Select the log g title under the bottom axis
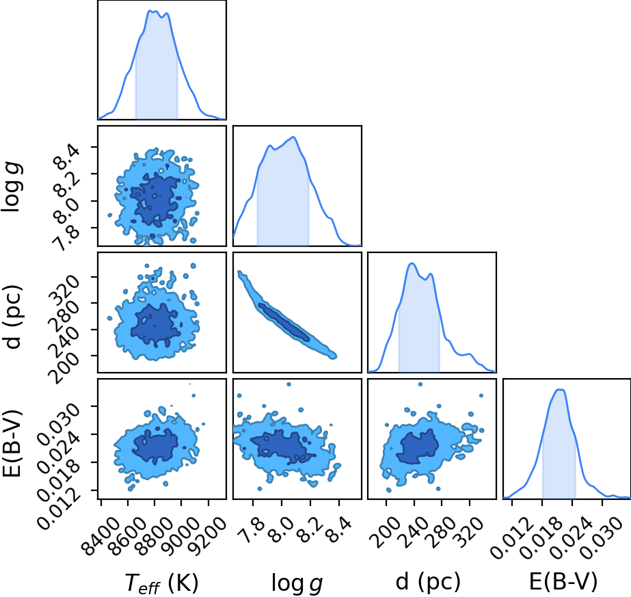pos(297,583)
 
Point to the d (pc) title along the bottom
pos(428,581)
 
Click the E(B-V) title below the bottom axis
pos(563,581)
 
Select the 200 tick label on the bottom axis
pos(385,531)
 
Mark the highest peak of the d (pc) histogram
pos(412,263)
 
